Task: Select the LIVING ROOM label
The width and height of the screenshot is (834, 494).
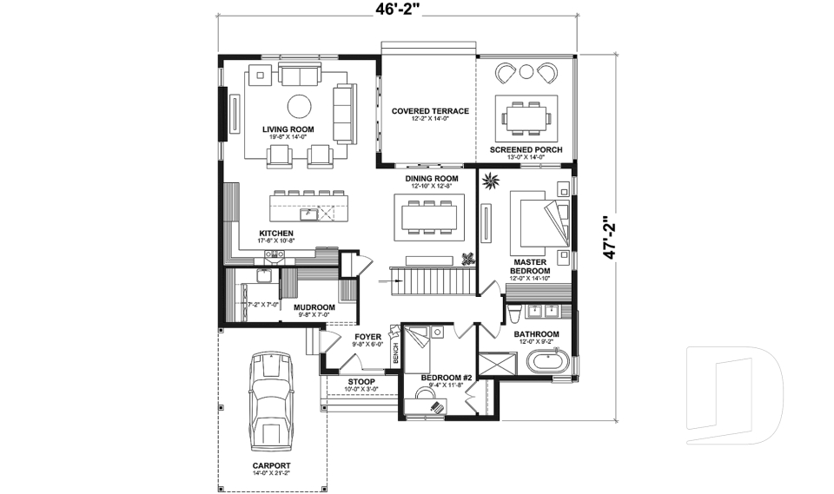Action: click(288, 129)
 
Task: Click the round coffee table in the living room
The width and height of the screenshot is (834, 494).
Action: click(300, 107)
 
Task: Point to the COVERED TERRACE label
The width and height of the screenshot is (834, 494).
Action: click(430, 111)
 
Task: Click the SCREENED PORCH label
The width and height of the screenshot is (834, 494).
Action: click(526, 149)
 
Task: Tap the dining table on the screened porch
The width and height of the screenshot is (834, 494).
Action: click(526, 116)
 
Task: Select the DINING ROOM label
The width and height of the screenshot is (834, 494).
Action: click(432, 179)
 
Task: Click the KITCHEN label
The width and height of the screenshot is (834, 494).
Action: click(276, 234)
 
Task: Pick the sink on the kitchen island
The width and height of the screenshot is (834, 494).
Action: click(307, 213)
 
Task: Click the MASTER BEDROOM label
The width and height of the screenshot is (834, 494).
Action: click(529, 266)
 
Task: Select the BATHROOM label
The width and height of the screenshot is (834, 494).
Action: click(536, 334)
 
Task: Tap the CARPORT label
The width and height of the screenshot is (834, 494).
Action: click(271, 464)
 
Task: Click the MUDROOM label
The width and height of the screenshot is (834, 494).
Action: click(314, 307)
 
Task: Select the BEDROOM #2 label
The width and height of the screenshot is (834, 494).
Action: click(446, 378)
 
